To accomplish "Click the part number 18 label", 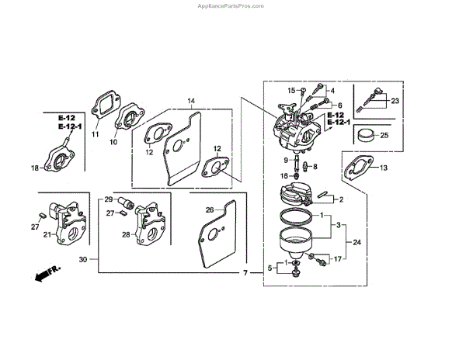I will tap(34, 168).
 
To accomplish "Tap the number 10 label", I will tap(113, 143).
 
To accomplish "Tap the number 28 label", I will tap(124, 234).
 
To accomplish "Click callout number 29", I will tap(110, 199).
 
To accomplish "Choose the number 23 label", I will tap(395, 102).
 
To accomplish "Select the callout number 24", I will tap(356, 242).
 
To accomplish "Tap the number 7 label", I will tap(246, 274).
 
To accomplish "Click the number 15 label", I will tap(292, 91).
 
